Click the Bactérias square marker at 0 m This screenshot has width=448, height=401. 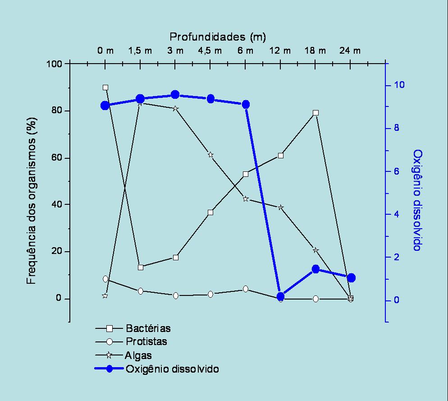coord(105,88)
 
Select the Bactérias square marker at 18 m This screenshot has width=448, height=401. coord(316,113)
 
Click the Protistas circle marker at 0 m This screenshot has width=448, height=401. coord(105,279)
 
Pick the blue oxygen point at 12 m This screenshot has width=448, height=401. coord(281,296)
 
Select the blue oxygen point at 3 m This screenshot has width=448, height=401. coord(175,95)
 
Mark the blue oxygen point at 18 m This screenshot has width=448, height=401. coord(316,269)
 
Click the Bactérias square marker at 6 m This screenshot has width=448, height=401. coord(246,174)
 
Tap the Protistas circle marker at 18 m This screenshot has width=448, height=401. coord(316,299)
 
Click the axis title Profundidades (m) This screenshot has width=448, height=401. coord(218,36)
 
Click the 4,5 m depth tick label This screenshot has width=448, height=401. coord(210,51)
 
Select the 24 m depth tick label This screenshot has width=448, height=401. coord(350,51)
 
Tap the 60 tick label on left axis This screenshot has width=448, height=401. coord(56,158)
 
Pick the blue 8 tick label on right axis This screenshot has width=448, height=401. coord(396,128)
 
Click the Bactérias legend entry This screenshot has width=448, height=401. coord(148,328)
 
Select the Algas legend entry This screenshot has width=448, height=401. coord(139,355)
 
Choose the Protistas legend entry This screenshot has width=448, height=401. coord(146,341)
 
